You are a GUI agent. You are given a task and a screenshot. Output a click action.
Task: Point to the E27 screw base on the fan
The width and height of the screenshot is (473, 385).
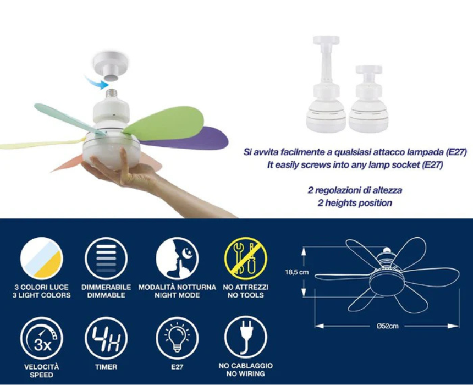(x=111, y=94)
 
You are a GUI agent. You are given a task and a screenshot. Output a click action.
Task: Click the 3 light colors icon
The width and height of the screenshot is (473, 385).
(x=42, y=258)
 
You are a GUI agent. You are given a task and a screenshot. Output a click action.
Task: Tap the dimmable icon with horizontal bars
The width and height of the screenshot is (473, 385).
(x=106, y=258)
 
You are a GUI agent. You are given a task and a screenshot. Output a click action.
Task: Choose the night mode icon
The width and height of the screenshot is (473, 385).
(x=177, y=258)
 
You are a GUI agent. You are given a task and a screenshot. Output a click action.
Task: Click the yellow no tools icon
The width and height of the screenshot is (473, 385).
(x=245, y=258)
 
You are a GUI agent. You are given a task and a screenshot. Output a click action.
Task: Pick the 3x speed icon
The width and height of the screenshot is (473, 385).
(x=42, y=338)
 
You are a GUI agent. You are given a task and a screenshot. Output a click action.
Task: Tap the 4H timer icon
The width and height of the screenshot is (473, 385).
(x=106, y=338)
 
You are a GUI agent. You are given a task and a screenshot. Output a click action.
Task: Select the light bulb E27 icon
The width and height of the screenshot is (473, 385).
(x=177, y=338)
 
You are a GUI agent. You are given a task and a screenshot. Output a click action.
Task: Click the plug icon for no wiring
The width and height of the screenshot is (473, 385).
(x=245, y=338)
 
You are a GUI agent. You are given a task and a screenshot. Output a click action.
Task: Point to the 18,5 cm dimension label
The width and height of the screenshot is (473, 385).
(x=297, y=272)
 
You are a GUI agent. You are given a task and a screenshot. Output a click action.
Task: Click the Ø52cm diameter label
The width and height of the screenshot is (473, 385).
(x=387, y=326)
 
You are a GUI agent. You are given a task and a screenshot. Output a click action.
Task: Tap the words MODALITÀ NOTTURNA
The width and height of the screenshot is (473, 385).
(x=177, y=287)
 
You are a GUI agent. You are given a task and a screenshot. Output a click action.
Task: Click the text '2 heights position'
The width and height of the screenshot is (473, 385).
(x=355, y=203)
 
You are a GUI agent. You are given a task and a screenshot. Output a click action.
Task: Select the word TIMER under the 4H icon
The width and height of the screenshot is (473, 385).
(x=106, y=367)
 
